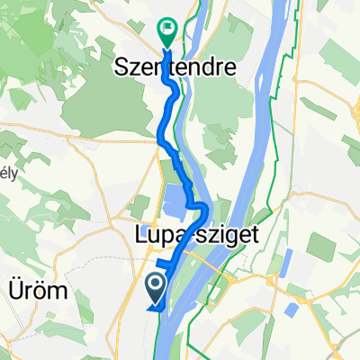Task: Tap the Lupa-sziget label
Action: click(x=188, y=236)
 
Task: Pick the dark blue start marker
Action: click(x=155, y=288)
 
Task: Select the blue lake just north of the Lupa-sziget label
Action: click(x=175, y=203)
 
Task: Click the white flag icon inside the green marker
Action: click(x=167, y=29)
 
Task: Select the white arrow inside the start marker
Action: click(x=155, y=285)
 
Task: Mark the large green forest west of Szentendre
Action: click(x=90, y=99)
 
